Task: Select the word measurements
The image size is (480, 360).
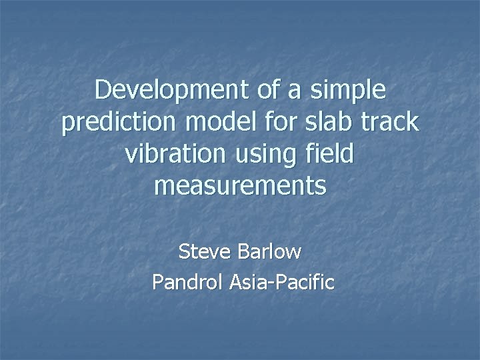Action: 240,187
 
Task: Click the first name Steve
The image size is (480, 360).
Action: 202,252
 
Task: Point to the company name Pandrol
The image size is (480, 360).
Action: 187,282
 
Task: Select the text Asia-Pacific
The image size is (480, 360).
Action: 281,282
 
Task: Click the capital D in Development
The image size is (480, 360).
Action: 103,90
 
